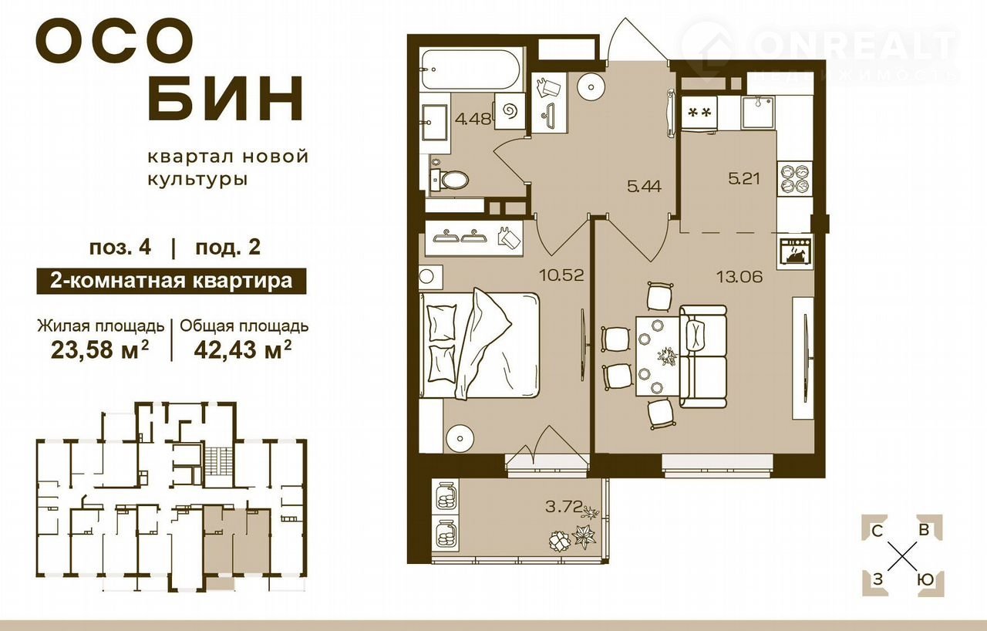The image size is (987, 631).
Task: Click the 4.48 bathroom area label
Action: pos(473,119)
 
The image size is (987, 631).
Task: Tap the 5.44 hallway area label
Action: pos(644,187)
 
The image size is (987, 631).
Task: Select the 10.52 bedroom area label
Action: pos(562,275)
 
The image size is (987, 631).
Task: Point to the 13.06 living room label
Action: pos(739,277)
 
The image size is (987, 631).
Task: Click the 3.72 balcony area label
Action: pos(564,507)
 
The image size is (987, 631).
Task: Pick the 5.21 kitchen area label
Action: pos(744,179)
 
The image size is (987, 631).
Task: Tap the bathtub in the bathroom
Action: pos(471,69)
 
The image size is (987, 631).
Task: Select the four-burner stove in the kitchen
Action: pos(795,181)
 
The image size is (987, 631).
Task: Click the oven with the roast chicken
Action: pos(796,252)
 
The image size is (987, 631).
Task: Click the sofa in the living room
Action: pos(702,356)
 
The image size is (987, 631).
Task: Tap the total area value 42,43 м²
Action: pos(242,350)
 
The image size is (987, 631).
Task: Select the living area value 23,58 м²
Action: pos(99,350)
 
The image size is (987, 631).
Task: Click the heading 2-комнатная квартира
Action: pos(171,281)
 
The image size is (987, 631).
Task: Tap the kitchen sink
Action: pos(758,113)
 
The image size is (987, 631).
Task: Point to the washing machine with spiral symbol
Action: pos(510,111)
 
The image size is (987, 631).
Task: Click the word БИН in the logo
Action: pos(225,99)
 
